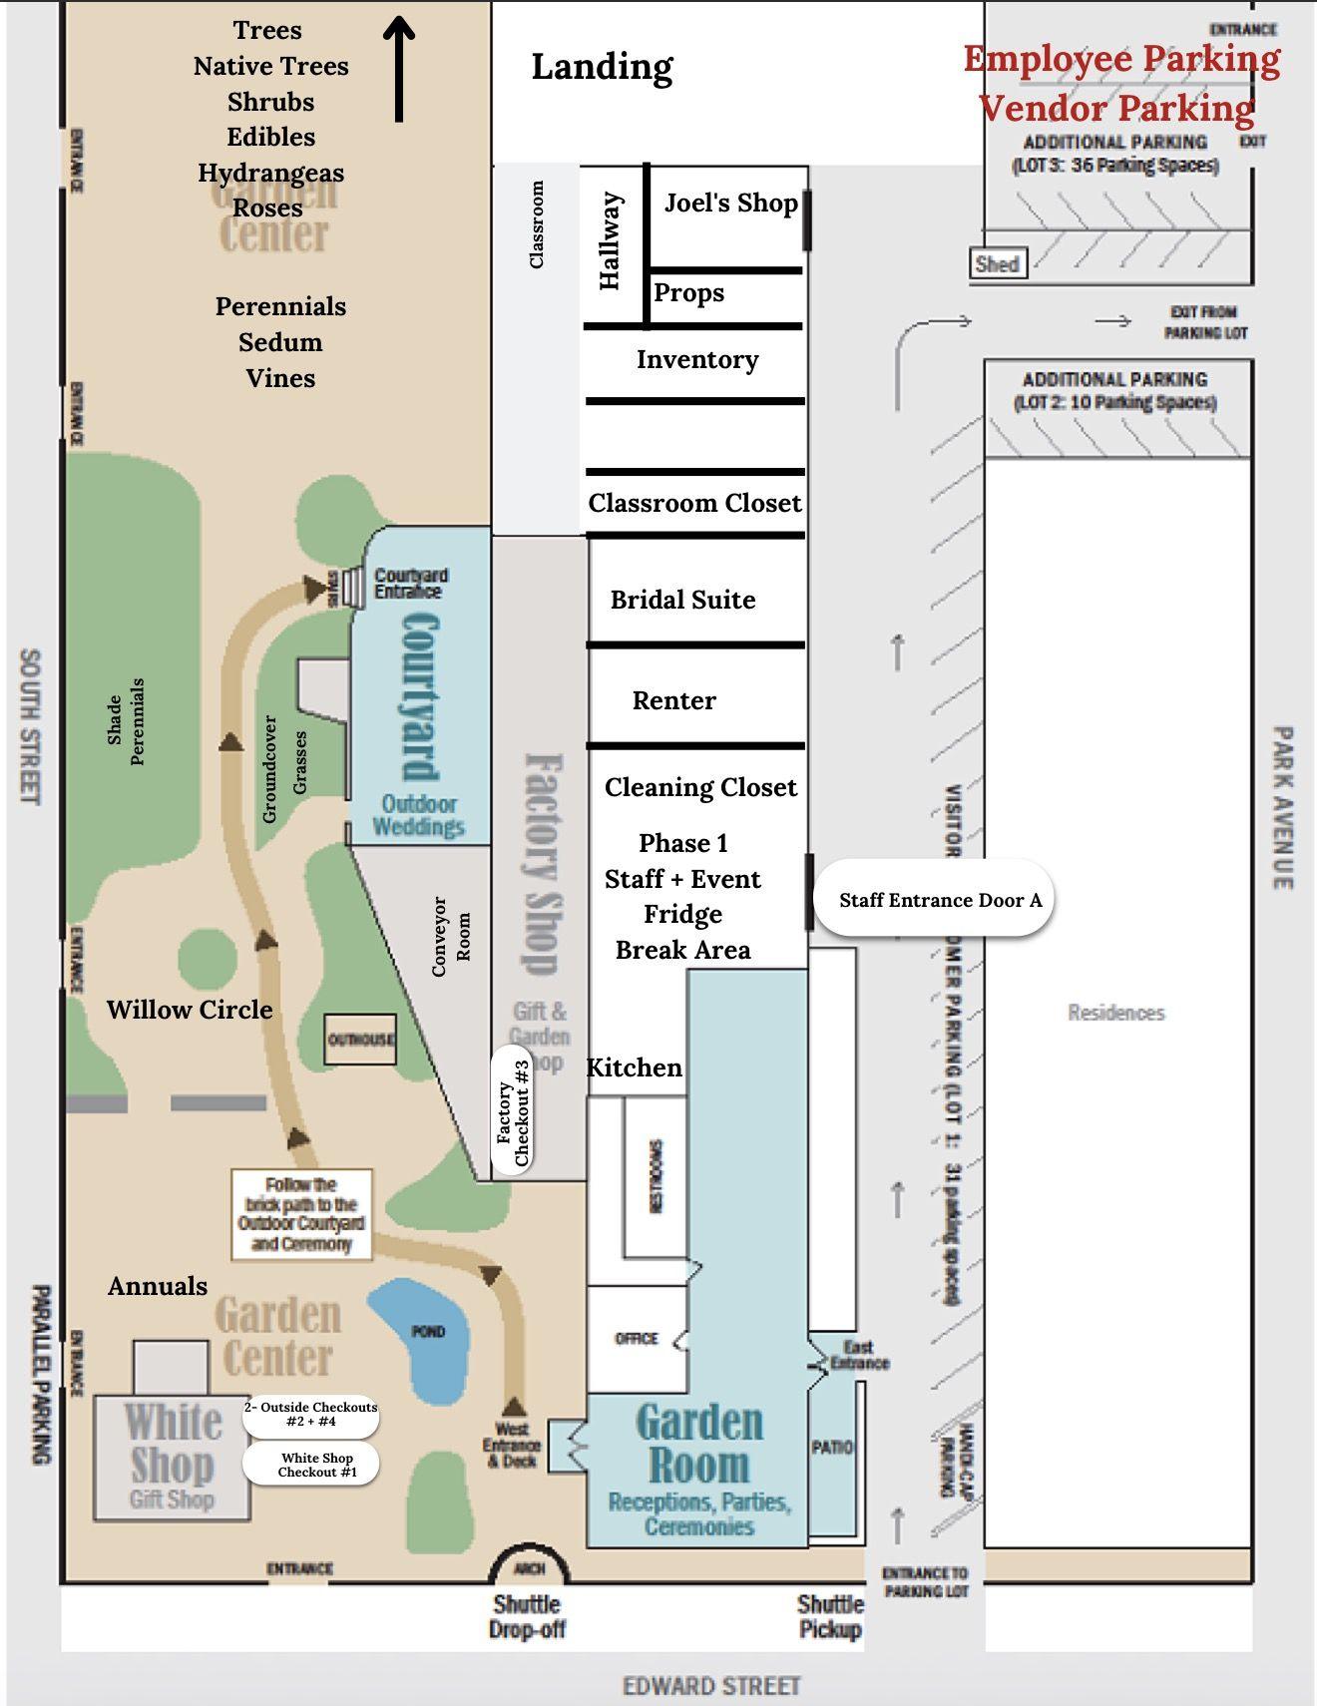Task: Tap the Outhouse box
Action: point(360,1040)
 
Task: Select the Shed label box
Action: point(998,264)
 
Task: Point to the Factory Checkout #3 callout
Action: point(513,1110)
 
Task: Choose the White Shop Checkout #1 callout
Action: point(312,1465)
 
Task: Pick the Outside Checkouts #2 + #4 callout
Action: point(310,1414)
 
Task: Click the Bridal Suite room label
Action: point(682,600)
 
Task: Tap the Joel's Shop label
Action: point(730,203)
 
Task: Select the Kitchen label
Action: point(635,1067)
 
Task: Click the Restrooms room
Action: point(656,1176)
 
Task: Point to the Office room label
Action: point(637,1338)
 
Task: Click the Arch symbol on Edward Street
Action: point(529,1567)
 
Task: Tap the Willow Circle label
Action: point(190,1010)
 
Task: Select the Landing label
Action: point(602,67)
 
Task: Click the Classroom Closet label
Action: point(694,503)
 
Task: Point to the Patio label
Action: point(832,1447)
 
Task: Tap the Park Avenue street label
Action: point(1283,807)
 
